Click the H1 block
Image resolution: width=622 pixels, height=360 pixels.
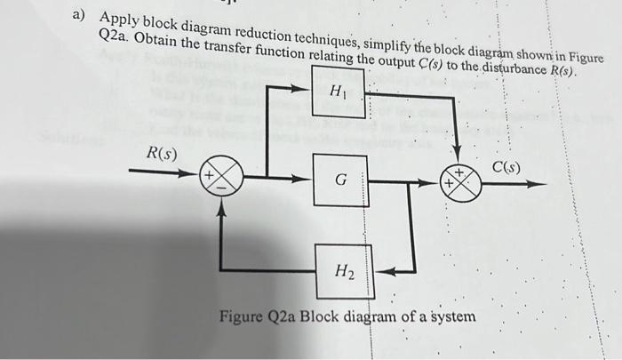click(x=339, y=92)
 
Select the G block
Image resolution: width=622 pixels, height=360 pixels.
click(x=339, y=180)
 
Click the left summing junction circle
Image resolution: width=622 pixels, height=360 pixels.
click(x=224, y=180)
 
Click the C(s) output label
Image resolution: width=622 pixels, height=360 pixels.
click(x=506, y=167)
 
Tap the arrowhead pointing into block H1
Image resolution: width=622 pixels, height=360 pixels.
click(x=305, y=88)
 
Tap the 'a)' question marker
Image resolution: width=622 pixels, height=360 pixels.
click(x=79, y=14)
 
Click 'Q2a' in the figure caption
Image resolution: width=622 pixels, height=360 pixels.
click(x=283, y=317)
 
